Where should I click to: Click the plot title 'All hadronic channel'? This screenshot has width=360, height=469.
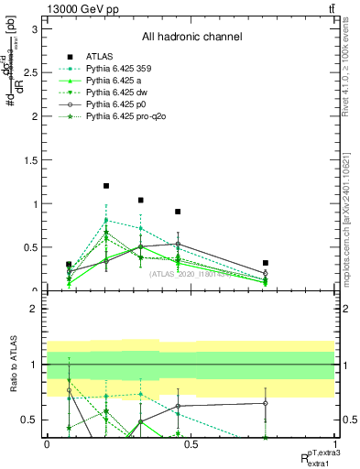coord(191,38)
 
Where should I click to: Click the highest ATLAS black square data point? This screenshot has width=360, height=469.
coord(106,186)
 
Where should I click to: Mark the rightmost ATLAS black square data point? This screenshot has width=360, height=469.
coord(265,263)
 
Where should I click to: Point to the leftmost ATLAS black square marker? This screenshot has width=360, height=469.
coord(69,264)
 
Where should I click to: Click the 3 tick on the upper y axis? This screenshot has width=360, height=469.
coord(37,28)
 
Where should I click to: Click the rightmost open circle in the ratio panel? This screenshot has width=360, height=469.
coord(265,403)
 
